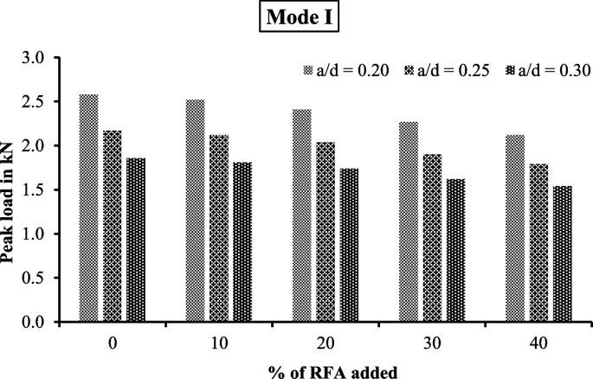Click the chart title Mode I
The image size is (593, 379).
[x=297, y=18]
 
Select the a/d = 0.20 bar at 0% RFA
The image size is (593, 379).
[x=88, y=208]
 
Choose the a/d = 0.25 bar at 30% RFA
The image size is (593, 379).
[x=432, y=238]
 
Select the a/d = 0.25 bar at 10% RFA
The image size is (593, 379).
[x=219, y=228]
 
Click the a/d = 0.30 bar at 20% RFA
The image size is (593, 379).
[x=350, y=245]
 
